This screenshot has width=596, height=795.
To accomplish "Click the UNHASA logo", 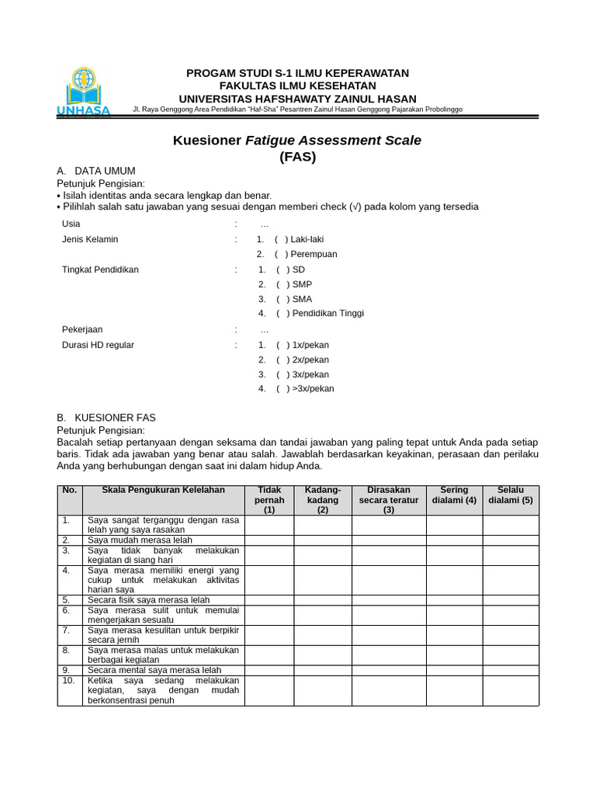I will tap(83, 92).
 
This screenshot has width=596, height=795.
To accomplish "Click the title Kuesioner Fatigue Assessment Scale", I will tap(296, 141).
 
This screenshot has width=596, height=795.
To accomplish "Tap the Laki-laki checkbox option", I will tap(281, 239).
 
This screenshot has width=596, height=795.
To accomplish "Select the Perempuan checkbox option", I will tap(281, 254).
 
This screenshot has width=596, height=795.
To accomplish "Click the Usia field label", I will tap(71, 224).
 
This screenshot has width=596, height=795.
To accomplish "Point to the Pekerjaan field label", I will tap(82, 329).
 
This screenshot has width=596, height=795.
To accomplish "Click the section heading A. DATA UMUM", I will tap(96, 171).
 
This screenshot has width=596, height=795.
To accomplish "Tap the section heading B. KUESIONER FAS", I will tap(106, 418).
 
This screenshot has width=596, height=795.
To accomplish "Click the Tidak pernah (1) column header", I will tap(269, 500).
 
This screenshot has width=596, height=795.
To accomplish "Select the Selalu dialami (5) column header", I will tap(511, 495).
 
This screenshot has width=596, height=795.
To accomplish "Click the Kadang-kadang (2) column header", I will tap(323, 500).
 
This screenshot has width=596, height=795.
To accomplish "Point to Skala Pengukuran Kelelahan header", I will tap(163, 490).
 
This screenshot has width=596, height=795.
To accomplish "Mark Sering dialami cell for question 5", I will tap(454, 600).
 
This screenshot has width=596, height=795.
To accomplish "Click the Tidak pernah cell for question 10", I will tap(269, 690).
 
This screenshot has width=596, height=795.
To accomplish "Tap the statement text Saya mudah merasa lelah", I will tap(140, 540).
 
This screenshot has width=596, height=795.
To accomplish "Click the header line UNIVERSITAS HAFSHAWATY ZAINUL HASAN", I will tap(297, 99).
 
